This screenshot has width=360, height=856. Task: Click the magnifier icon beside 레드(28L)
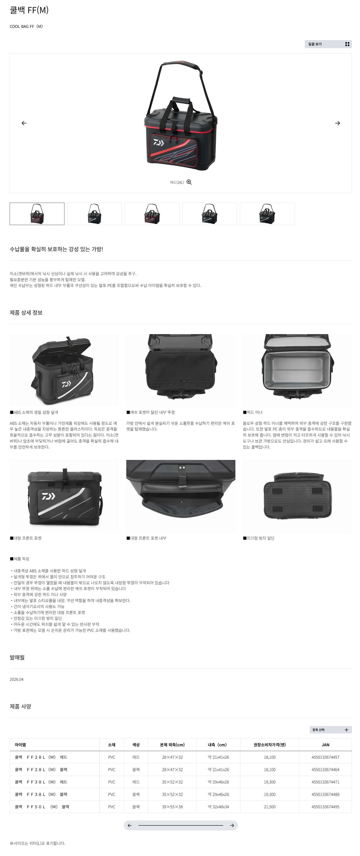click(189, 182)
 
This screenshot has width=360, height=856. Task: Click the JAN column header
click(325, 745)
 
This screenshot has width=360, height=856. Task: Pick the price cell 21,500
click(269, 806)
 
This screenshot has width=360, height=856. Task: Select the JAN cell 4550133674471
click(325, 782)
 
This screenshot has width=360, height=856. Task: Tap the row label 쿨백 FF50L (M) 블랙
click(42, 806)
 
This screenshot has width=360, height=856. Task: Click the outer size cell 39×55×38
click(172, 806)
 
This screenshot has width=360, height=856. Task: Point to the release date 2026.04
click(17, 679)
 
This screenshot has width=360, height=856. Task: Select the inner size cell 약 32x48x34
click(218, 806)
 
